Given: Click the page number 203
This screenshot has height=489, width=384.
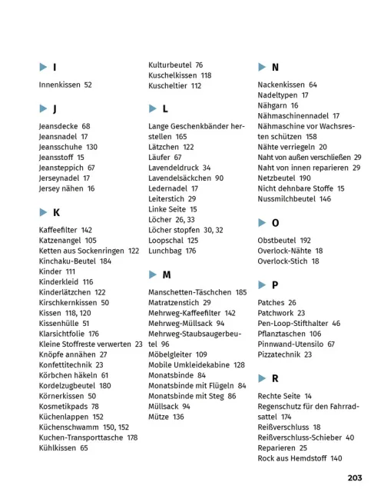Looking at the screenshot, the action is coord(354,477).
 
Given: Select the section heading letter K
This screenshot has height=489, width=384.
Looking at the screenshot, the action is coord(56,211).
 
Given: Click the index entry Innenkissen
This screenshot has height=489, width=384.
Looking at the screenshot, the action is coord(59,85).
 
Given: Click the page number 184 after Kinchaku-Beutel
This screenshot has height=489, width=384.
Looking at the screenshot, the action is coord(105,261).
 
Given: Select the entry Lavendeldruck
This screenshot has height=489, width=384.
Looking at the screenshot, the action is coord(174,168).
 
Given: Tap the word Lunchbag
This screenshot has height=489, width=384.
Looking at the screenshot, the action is coord(165,251).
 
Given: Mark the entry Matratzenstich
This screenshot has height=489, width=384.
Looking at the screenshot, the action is coord(174,303).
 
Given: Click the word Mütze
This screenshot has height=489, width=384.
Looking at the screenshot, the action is coord(158,417).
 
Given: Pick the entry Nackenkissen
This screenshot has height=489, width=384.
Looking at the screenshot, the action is coord(281,85).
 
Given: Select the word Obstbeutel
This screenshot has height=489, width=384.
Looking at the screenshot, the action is coord(277,240).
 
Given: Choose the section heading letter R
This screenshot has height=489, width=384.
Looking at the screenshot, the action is coord(275,378).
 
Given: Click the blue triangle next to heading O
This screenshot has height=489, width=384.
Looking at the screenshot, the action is coord(262,223).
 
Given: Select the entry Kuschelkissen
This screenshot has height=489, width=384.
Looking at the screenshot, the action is coord(173,75).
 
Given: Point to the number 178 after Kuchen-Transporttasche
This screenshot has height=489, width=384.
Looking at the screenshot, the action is coord(132,437).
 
